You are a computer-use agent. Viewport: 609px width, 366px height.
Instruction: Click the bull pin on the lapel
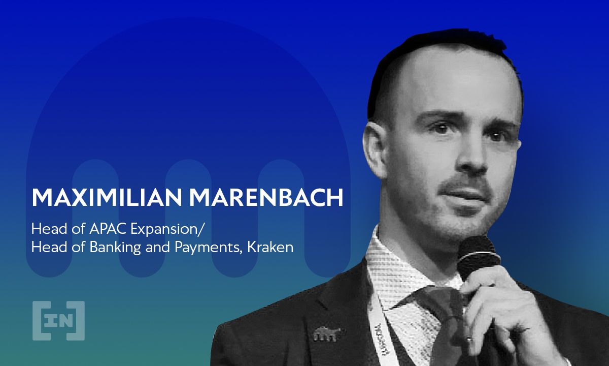[325, 334]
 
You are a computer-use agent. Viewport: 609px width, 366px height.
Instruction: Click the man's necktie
[436, 325]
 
